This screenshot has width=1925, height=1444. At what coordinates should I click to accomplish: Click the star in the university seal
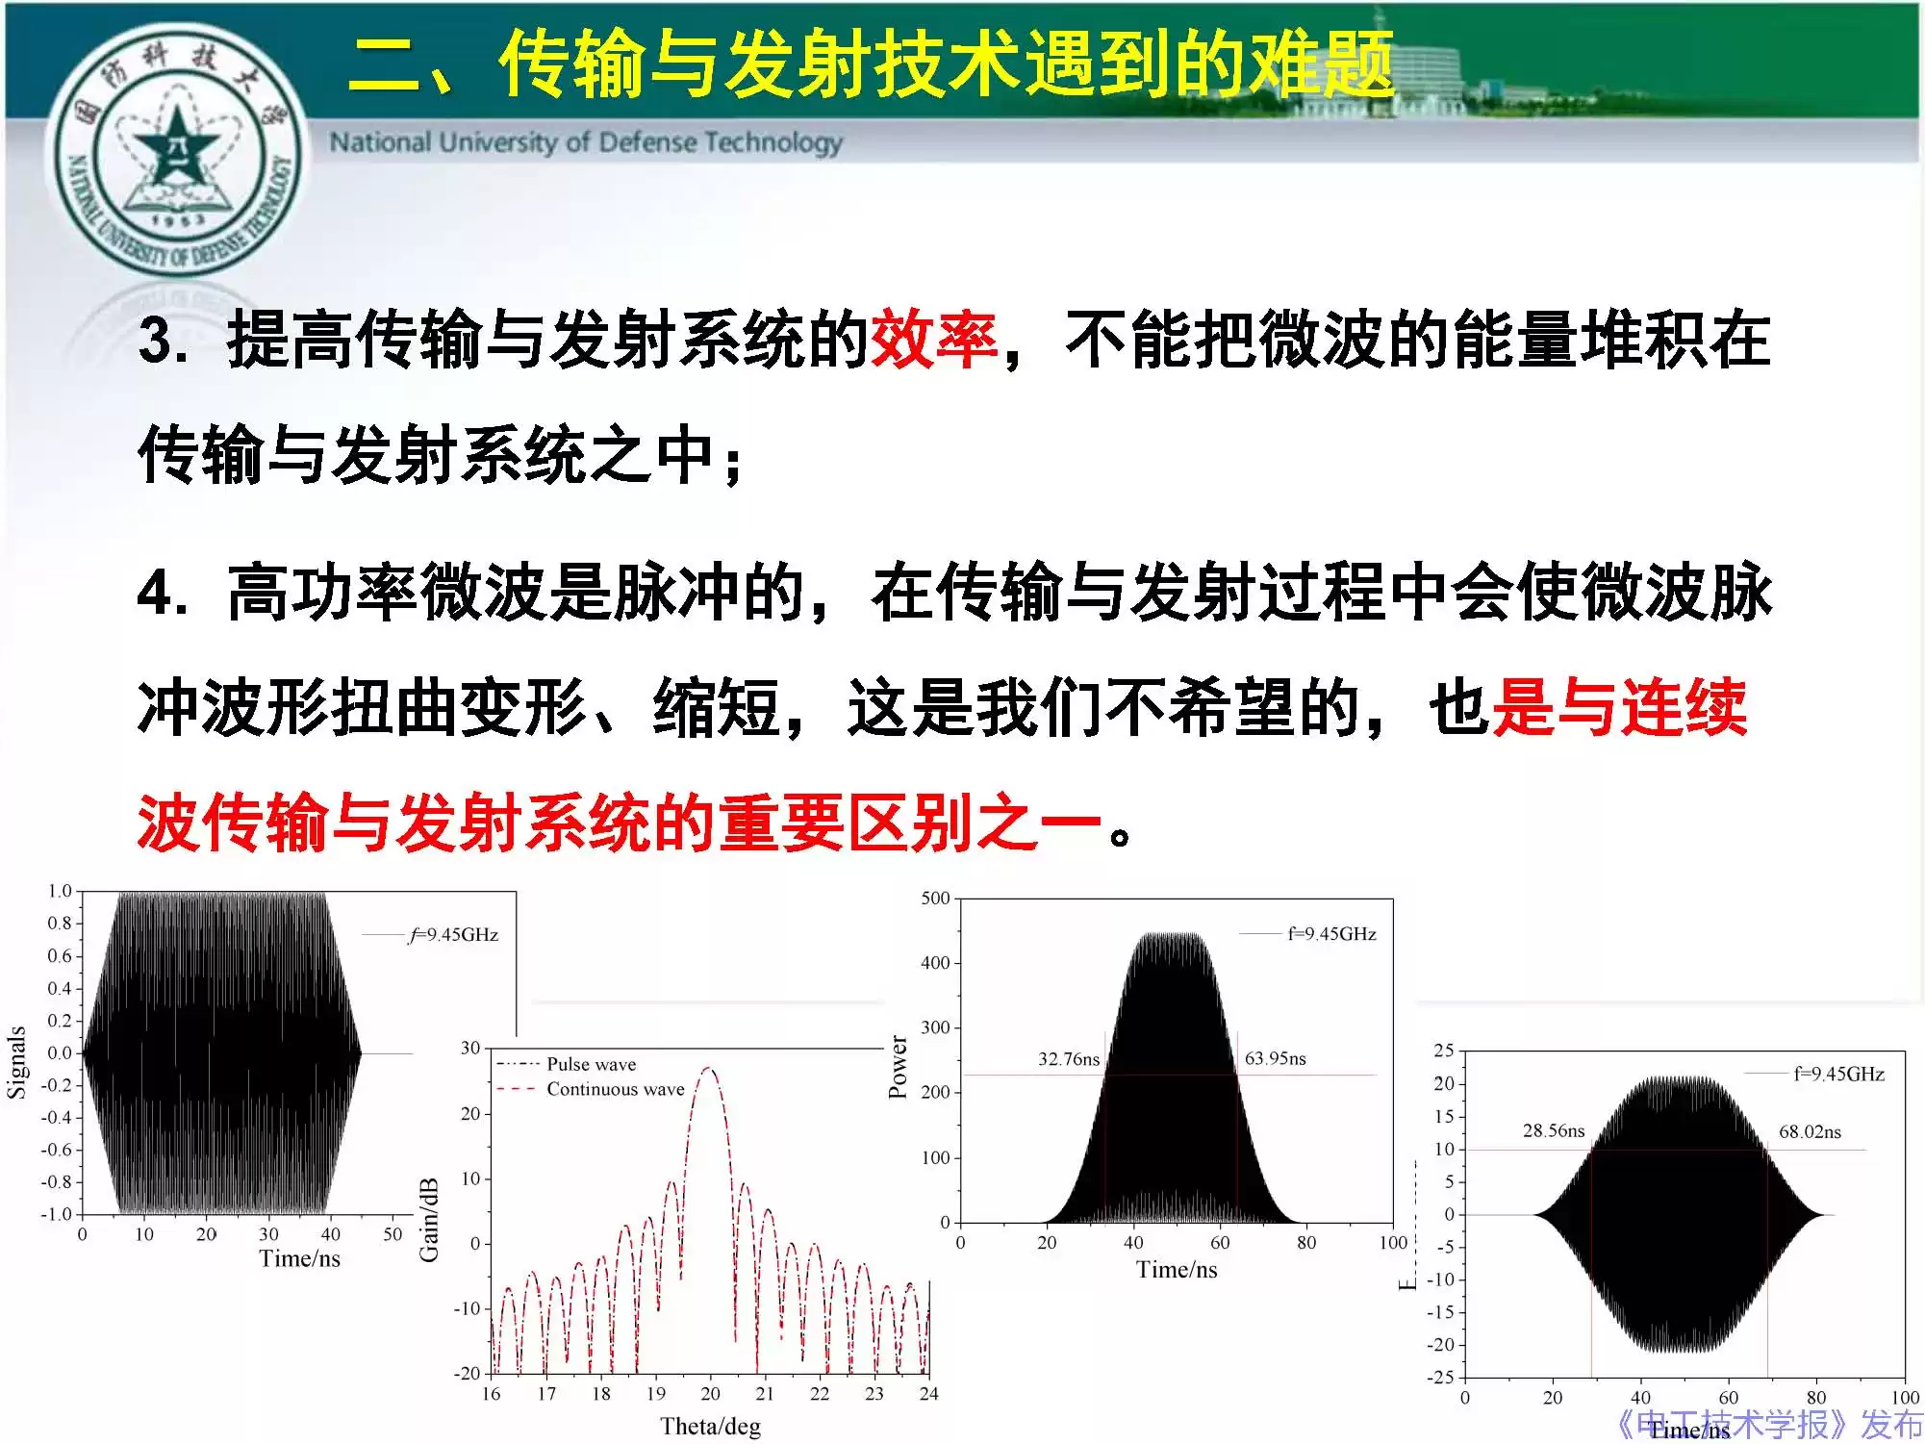176,146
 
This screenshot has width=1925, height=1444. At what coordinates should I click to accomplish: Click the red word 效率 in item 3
932,340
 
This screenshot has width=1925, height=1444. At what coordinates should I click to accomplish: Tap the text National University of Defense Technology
586,142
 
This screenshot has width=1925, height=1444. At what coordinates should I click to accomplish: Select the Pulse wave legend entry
591,1064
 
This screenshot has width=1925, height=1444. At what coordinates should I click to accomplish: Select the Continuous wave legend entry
615,1089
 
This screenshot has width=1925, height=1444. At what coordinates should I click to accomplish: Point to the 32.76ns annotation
1068,1059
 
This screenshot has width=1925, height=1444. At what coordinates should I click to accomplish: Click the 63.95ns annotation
1275,1058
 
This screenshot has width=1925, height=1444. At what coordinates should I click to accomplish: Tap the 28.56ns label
1553,1130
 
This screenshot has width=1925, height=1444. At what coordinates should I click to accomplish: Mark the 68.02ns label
1809,1131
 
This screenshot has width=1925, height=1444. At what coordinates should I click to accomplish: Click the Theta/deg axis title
710,1426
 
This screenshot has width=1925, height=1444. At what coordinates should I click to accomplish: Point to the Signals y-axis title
16,1062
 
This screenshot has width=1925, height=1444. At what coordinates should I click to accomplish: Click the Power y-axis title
898,1067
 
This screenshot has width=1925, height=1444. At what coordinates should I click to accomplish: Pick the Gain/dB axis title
429,1220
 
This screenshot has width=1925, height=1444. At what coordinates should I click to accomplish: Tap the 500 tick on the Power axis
935,898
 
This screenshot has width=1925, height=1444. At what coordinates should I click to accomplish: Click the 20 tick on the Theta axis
710,1393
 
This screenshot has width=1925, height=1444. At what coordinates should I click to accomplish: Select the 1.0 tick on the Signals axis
60,891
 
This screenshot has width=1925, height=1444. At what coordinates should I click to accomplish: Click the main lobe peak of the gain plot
709,1068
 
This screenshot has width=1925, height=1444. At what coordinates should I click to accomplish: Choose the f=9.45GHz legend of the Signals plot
453,934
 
